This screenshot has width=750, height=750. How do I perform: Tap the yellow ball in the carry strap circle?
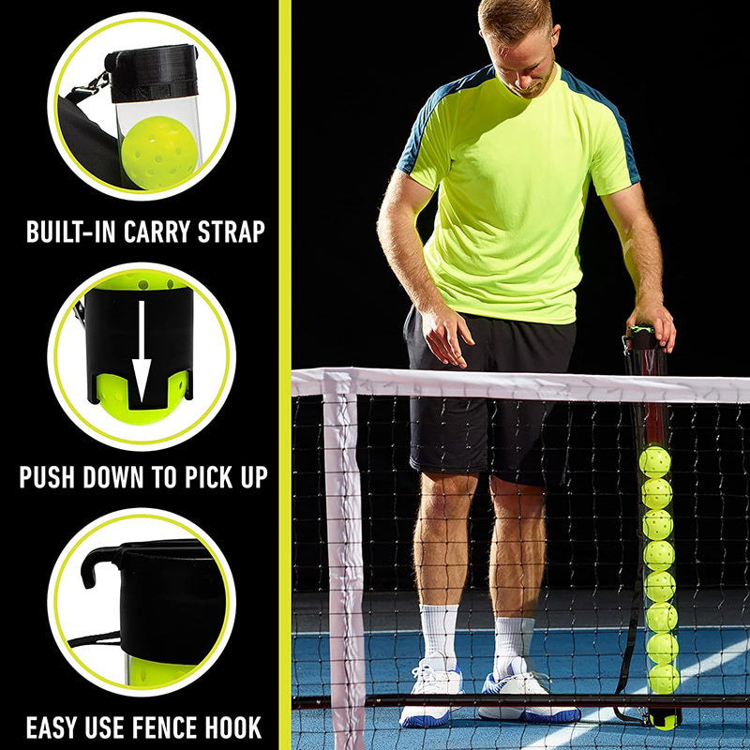(x=159, y=153)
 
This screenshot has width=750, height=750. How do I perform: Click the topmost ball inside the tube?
(x=654, y=461)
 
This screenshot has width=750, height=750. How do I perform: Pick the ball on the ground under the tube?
(x=664, y=719)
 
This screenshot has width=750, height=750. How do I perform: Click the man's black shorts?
(x=487, y=394)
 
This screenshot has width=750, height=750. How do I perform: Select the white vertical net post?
(x=344, y=562)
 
